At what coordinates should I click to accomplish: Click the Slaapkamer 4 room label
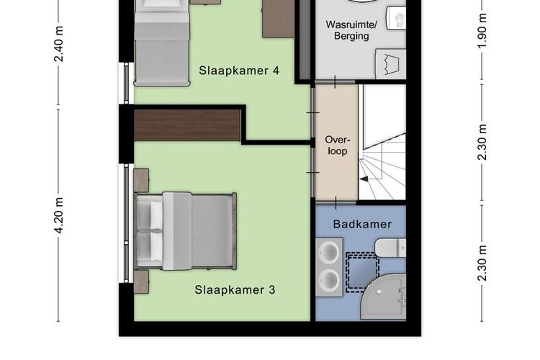239,71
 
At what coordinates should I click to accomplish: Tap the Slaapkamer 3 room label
235,289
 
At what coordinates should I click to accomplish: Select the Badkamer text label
362,225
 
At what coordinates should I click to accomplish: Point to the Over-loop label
338,145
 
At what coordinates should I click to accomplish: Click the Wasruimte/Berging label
351,30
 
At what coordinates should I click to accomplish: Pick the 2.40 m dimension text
59,44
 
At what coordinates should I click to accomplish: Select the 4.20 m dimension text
59,216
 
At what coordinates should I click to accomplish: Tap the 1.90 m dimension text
482,31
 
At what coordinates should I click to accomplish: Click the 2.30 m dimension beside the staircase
482,142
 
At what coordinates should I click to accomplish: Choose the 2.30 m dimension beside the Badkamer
482,263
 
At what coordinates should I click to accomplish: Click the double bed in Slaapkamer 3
186,231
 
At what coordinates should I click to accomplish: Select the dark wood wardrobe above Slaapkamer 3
187,125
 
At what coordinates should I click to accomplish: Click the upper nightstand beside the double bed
141,180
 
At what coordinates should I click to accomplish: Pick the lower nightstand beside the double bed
141,282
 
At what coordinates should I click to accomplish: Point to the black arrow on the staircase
364,179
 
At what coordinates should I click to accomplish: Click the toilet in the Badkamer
391,248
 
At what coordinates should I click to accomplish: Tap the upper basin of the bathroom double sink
329,251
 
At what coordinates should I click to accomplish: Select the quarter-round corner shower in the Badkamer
383,297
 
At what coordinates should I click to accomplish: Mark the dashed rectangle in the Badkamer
363,272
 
